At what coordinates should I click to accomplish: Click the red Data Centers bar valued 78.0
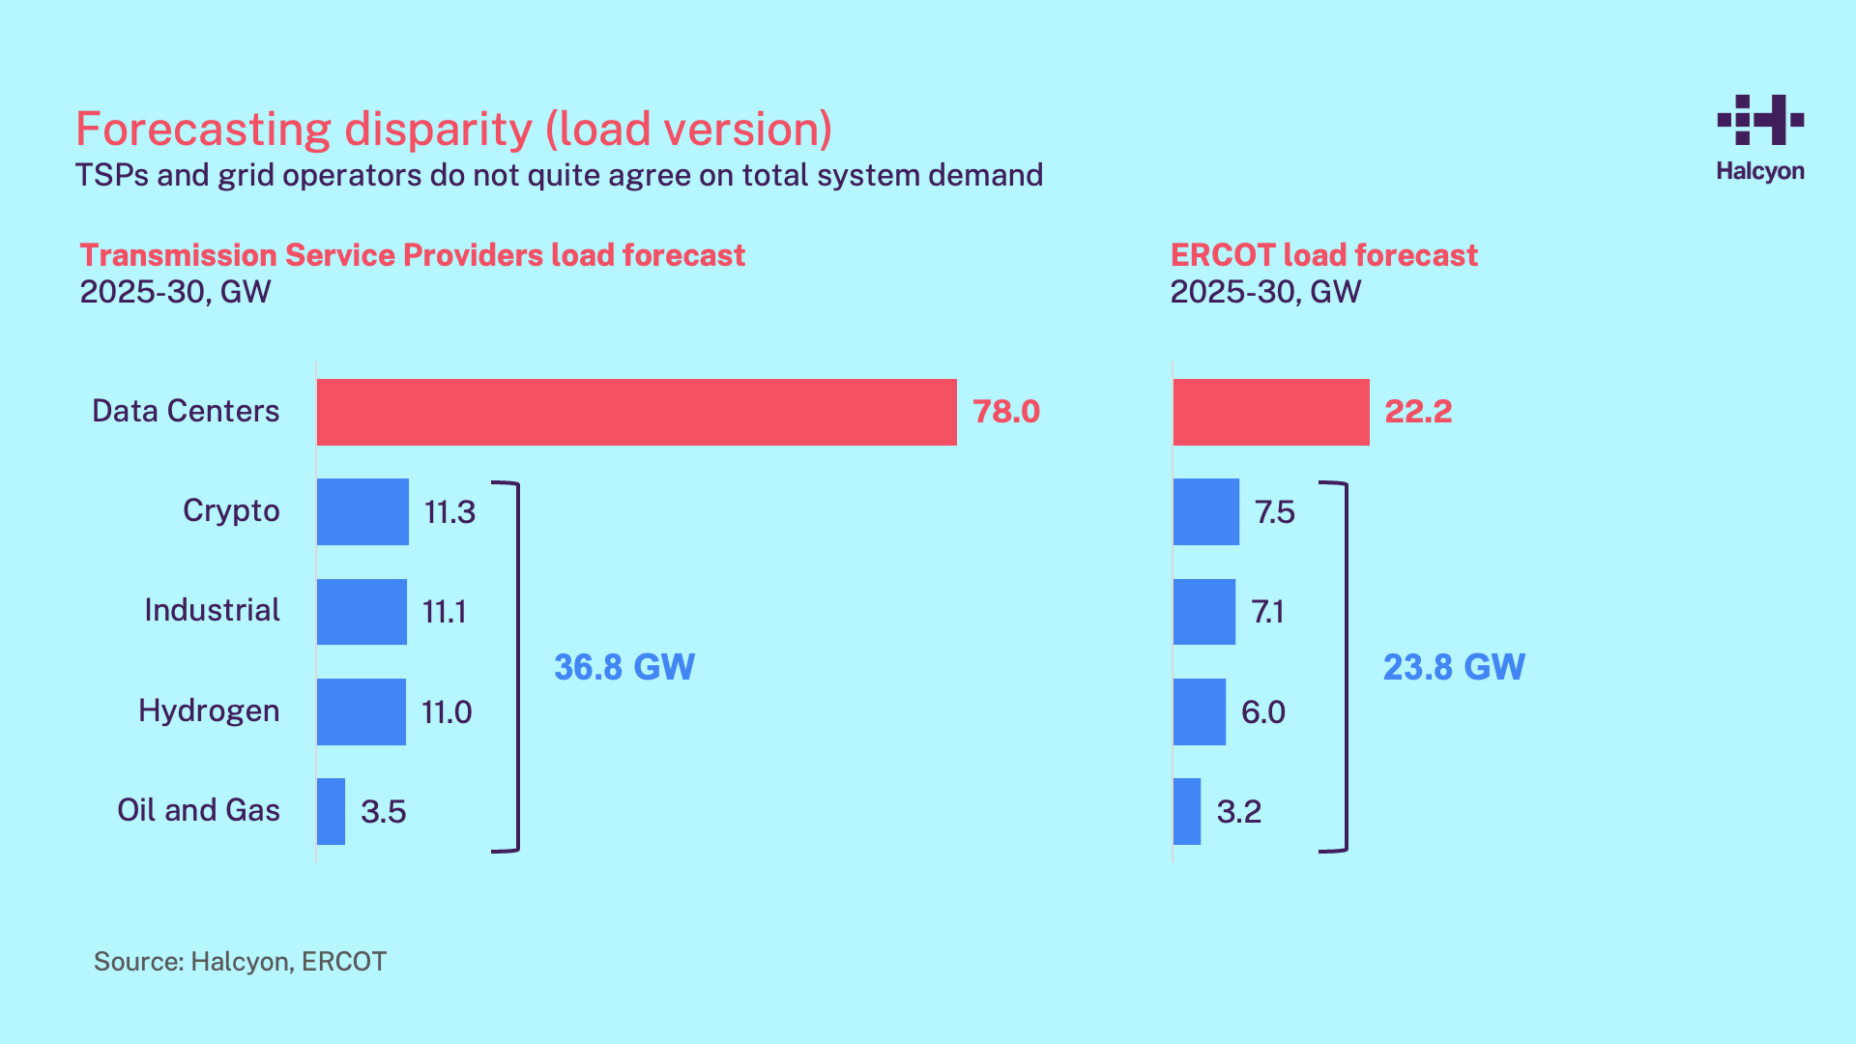[x=636, y=412]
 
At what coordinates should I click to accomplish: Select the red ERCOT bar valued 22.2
[x=1270, y=412]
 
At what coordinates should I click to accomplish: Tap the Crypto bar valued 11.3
[x=362, y=511]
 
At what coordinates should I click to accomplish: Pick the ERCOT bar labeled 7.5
[x=1205, y=511]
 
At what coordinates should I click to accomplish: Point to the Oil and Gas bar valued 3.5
[x=331, y=811]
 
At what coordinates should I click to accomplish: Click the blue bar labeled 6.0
[x=1199, y=711]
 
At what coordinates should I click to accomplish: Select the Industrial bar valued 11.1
[x=362, y=612]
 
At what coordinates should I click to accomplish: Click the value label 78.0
[x=1005, y=412]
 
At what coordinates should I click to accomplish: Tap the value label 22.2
[x=1417, y=412]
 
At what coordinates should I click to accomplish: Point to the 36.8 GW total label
[x=623, y=667]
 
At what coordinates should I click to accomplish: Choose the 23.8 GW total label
[x=1453, y=667]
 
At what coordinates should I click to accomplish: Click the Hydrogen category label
[x=209, y=711]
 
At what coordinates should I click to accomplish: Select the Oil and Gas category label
[x=198, y=810]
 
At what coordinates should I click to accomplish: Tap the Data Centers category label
[x=186, y=411]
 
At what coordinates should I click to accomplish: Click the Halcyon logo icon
[x=1760, y=120]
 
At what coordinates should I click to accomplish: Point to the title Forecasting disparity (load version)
[x=453, y=129]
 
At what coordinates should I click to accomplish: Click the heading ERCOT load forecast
[x=1323, y=255]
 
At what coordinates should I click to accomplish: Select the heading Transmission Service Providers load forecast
[x=412, y=255]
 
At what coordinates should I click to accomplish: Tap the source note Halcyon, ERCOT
[x=240, y=962]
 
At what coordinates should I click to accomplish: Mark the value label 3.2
[x=1238, y=812]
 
